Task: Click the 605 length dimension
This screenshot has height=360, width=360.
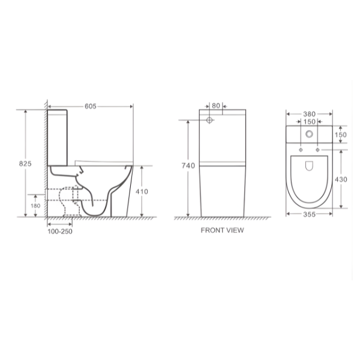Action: pos(91,106)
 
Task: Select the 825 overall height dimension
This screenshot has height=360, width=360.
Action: pos(25,163)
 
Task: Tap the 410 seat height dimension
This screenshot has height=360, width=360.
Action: pos(142,191)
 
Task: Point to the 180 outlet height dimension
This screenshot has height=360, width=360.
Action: pos(35,206)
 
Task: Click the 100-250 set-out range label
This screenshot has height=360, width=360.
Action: pos(60,232)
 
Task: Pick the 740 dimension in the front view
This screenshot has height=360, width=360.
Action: pos(188,166)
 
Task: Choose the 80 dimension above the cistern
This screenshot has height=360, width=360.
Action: pos(216,106)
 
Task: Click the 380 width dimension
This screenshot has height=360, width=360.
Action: pos(309,114)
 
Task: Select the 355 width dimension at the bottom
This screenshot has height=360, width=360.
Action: pos(309,214)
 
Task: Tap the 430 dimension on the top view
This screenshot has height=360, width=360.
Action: pos(341,179)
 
